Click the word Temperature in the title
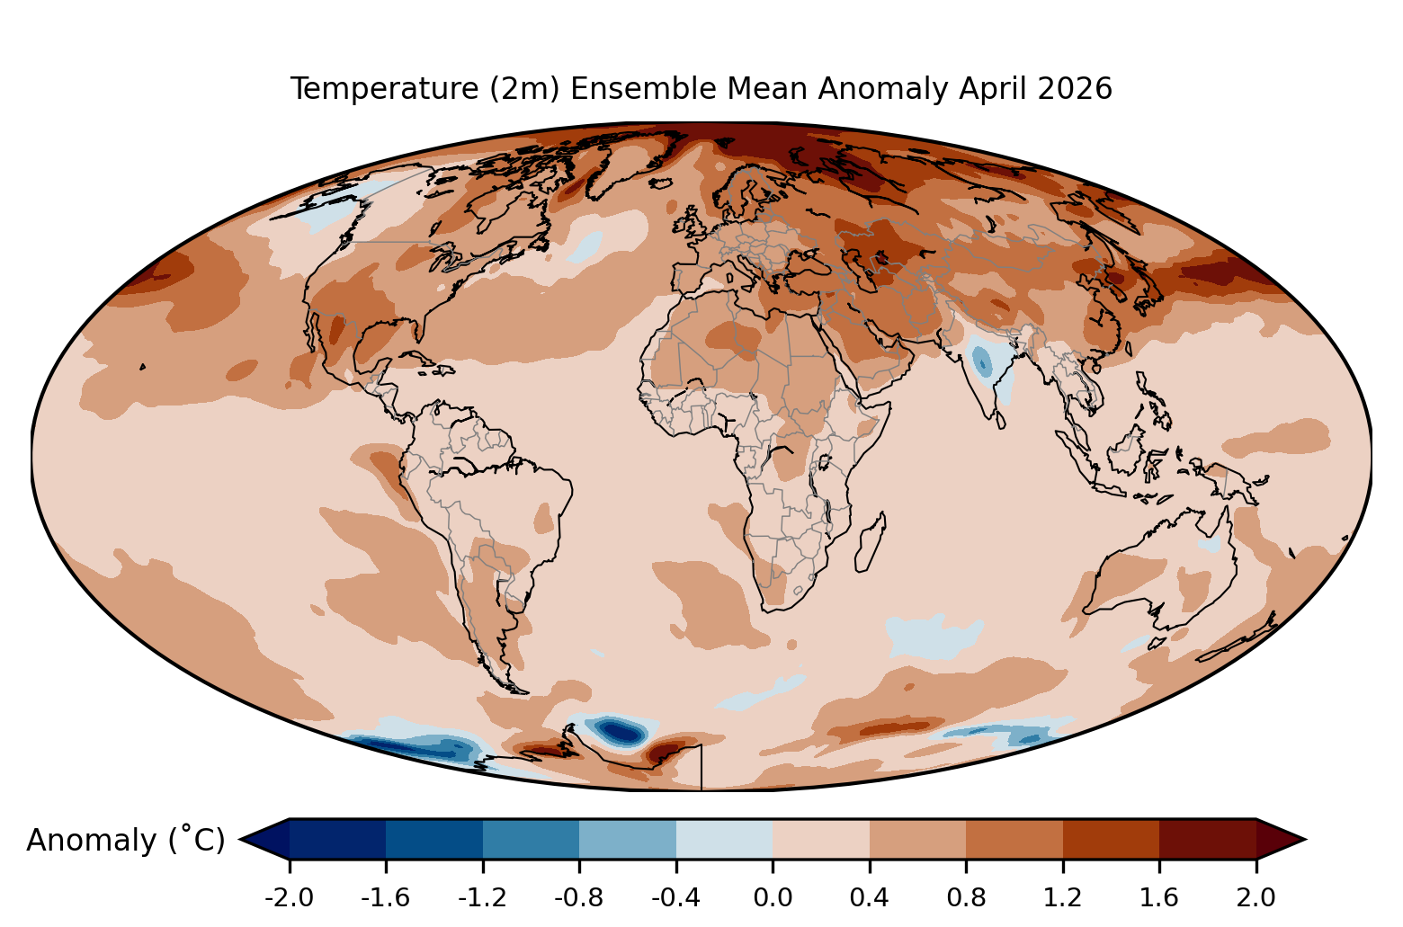point(385,89)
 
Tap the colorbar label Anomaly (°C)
point(125,840)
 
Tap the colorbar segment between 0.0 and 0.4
point(820,839)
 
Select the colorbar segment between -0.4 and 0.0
point(724,839)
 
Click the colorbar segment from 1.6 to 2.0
point(1208,839)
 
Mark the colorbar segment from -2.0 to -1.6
point(337,839)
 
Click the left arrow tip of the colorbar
point(241,839)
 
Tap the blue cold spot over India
point(981,361)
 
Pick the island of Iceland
point(660,184)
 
